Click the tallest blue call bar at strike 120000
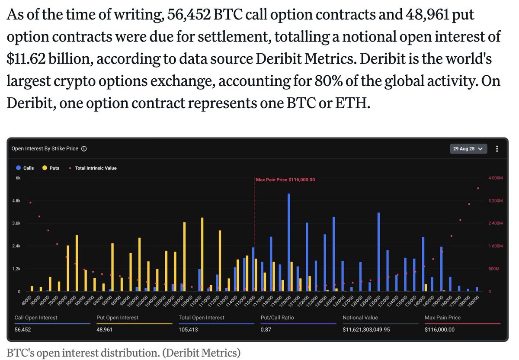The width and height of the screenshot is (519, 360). [x=288, y=242]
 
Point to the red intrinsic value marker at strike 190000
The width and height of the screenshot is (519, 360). [x=478, y=188]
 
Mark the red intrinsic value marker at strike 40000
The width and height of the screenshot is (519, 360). [x=30, y=202]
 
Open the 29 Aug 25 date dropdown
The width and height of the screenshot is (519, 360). [x=469, y=149]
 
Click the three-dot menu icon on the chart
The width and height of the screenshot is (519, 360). [x=497, y=149]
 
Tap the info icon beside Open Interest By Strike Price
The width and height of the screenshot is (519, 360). [x=84, y=149]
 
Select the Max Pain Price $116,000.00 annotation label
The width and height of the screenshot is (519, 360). [x=285, y=180]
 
